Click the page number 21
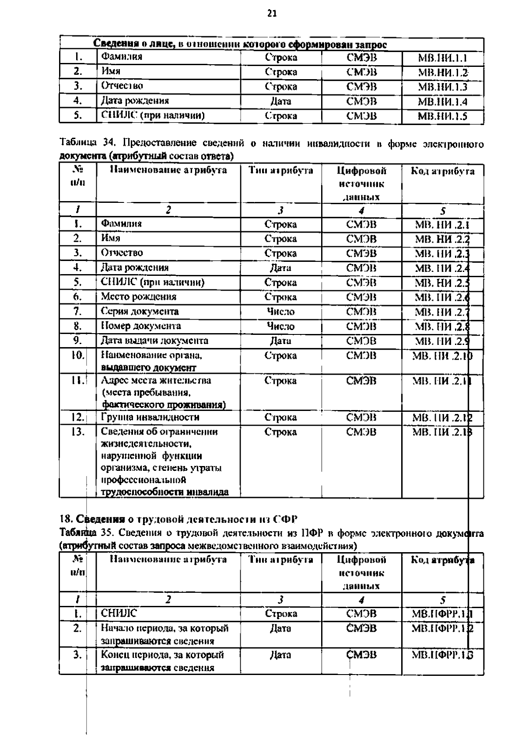[272, 14]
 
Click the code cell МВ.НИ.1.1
[442, 58]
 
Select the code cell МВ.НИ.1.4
[442, 102]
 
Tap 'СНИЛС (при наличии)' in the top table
[153, 115]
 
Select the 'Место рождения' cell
[139, 297]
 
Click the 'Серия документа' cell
[140, 311]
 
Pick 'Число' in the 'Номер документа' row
[280, 326]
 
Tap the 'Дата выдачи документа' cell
[154, 341]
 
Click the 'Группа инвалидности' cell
[150, 417]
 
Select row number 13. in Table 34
[77, 432]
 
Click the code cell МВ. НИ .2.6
[442, 297]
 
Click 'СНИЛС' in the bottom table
[119, 613]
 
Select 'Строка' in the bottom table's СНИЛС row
[280, 614]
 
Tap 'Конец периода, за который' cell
[162, 654]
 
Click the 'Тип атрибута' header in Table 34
[280, 171]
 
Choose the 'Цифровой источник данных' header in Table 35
[361, 572]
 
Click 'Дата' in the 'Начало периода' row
[280, 628]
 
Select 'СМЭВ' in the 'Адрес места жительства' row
[361, 381]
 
